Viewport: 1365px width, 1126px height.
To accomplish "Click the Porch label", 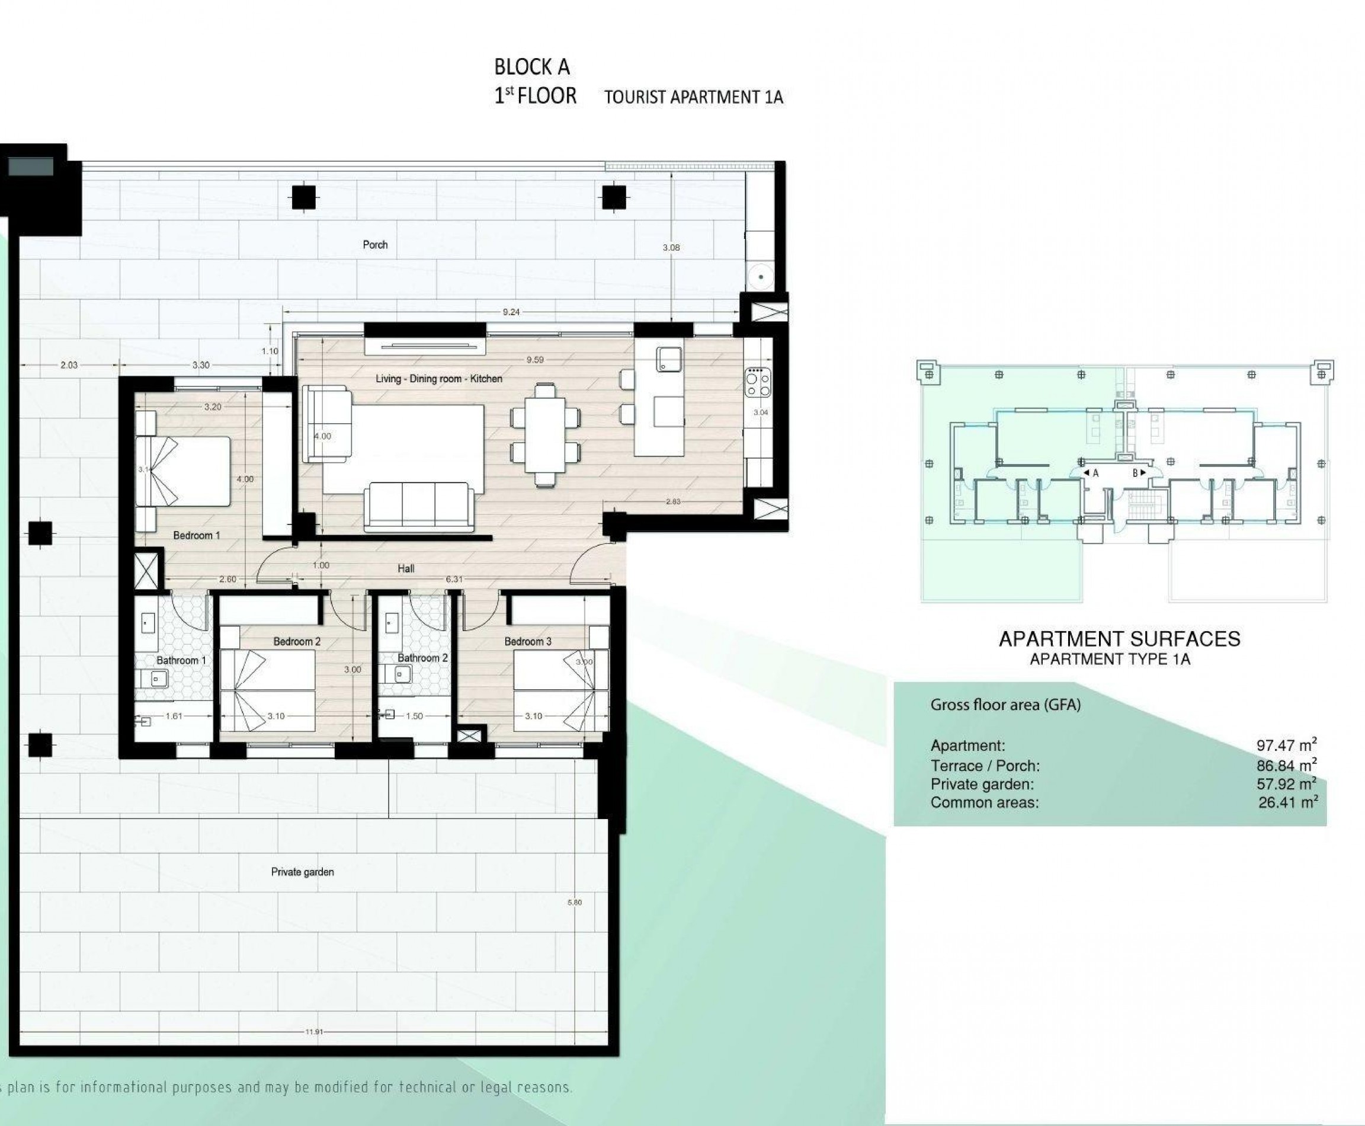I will pos(375,245).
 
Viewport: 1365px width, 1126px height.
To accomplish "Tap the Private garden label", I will pos(302,872).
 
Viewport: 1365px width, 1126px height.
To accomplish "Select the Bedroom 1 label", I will pos(197,535).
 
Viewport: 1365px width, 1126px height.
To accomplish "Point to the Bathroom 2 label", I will pos(423,658).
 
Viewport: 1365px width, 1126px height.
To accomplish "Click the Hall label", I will pos(406,568).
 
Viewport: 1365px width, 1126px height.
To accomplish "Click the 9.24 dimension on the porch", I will pos(511,312).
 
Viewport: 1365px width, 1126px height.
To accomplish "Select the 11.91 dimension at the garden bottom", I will pos(314,1031).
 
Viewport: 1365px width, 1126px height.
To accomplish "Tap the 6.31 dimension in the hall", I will pos(454,579).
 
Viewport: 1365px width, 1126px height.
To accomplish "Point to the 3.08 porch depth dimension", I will pos(671,247).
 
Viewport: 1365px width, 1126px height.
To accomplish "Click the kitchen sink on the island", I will pos(668,359).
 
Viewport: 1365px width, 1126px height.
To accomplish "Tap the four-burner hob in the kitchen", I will pos(757,382).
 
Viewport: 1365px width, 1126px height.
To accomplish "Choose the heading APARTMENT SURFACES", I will pos(1119,639).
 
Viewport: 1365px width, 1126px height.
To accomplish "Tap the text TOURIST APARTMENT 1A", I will pos(694,97).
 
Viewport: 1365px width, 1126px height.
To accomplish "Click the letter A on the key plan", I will pos(1096,473).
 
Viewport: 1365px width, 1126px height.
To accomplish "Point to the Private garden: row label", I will pos(982,784).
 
